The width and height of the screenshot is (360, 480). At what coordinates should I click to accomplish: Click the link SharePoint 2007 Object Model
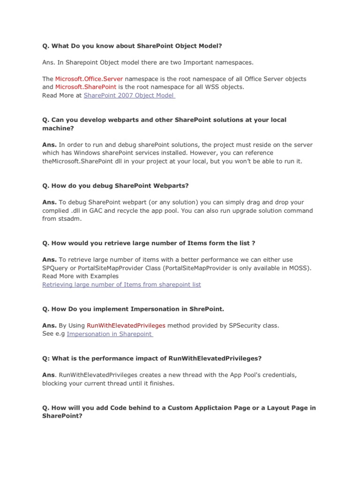128,95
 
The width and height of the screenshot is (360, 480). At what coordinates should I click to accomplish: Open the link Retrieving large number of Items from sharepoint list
121,284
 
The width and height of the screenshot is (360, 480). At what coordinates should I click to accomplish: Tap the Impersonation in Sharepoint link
109,334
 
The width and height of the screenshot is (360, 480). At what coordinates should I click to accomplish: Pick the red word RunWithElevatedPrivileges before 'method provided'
126,325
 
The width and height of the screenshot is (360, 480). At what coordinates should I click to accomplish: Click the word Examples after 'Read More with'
103,276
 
